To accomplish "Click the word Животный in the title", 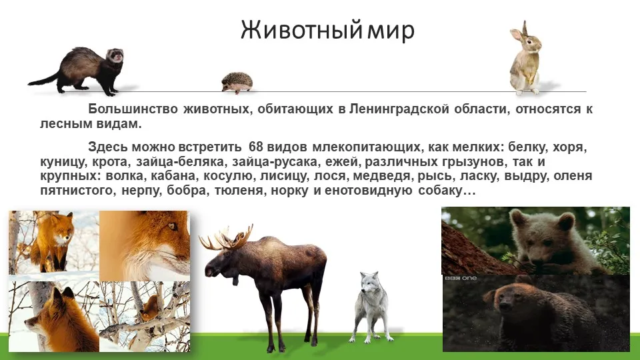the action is [x=301, y=30].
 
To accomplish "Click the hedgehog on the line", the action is [x=237, y=83].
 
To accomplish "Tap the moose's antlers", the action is [x=226, y=238].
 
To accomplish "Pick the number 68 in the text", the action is [x=256, y=147].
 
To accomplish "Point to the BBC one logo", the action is [x=461, y=278].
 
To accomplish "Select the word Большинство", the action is [x=133, y=109].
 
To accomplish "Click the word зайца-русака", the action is [x=275, y=161].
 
